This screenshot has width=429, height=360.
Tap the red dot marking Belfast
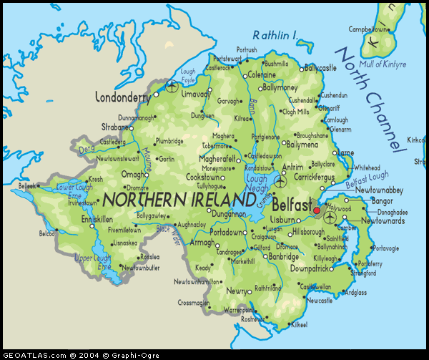pyautogui.click(x=317, y=210)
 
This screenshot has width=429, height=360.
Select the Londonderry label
pyautogui.click(x=125, y=97)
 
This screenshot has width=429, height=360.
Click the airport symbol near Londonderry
pyautogui.click(x=172, y=87)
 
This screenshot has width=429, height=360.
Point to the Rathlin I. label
pyautogui.click(x=275, y=35)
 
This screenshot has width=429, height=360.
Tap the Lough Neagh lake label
pyautogui.click(x=257, y=184)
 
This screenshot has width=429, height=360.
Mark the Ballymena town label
pyautogui.click(x=302, y=144)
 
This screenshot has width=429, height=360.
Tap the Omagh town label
pyautogui.click(x=134, y=174)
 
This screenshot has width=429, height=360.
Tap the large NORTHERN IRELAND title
pyautogui.click(x=179, y=198)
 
